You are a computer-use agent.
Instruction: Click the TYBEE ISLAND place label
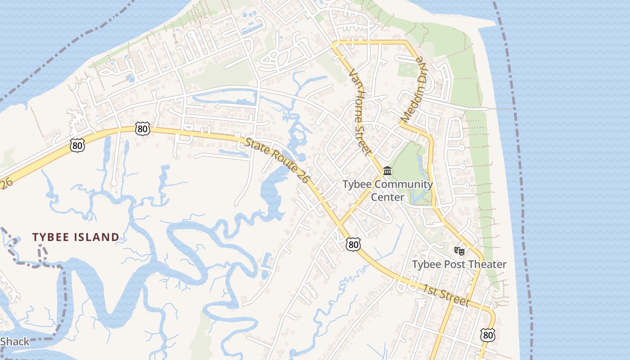coord(76,237)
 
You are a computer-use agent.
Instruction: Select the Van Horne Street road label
coord(359,110)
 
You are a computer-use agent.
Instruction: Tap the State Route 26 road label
coord(277,160)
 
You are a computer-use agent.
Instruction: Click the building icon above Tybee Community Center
coord(387,171)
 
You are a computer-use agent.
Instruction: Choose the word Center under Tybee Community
coord(387,197)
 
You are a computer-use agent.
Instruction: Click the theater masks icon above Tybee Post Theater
coord(459,251)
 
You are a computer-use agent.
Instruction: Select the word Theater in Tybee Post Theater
coord(488,264)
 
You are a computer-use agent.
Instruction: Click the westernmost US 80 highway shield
coord(77,145)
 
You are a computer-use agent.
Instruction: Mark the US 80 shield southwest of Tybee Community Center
coord(353,244)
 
